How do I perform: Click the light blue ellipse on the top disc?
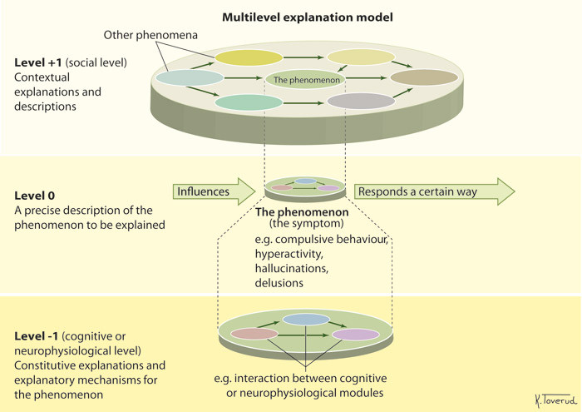coord(190,77)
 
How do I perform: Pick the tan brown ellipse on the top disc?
coord(424,78)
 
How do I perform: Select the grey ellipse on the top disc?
coord(361,101)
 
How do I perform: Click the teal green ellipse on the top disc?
coord(249,102)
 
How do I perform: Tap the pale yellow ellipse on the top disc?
coord(360,57)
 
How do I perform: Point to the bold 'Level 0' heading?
coord(36,196)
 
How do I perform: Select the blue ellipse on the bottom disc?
coord(306,320)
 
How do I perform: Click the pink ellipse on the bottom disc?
coord(254,334)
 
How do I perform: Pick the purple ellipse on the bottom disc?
coord(356,334)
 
